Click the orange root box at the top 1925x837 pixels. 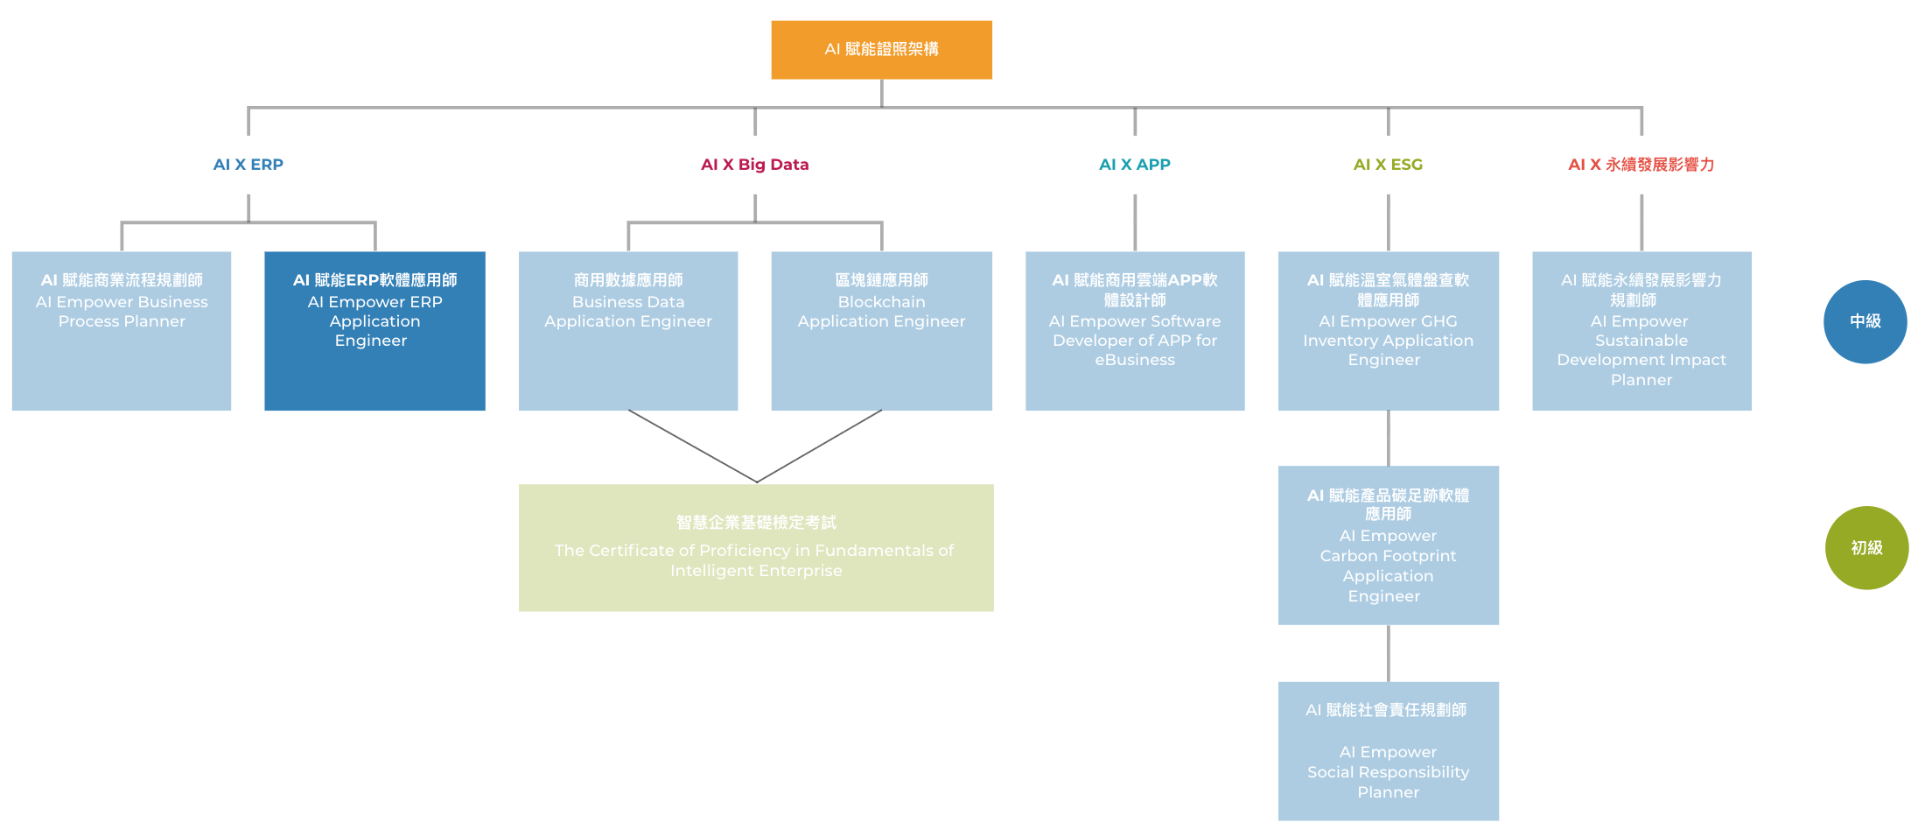pyautogui.click(x=881, y=50)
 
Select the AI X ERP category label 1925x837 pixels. pyautogui.click(x=248, y=165)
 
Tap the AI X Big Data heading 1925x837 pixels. pyautogui.click(x=754, y=165)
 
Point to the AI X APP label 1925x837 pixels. pyautogui.click(x=1134, y=165)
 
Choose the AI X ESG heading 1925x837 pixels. pyautogui.click(x=1388, y=165)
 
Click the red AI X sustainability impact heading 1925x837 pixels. pyautogui.click(x=1641, y=165)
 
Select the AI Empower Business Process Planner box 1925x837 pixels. pyautogui.click(x=122, y=331)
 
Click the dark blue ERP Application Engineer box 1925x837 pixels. pyautogui.click(x=374, y=331)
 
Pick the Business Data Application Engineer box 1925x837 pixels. pyautogui.click(x=628, y=331)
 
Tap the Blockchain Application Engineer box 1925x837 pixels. pyautogui.click(x=881, y=331)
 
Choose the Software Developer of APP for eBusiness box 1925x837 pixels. pyautogui.click(x=1135, y=331)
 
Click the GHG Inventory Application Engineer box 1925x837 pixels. pyautogui.click(x=1388, y=331)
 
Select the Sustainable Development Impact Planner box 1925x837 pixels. pyautogui.click(x=1641, y=331)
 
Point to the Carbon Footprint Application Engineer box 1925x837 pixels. pyautogui.click(x=1388, y=545)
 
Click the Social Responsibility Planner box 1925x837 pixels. pyautogui.click(x=1388, y=750)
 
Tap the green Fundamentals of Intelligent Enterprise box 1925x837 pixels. pyautogui.click(x=756, y=547)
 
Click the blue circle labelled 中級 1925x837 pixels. pyautogui.click(x=1865, y=321)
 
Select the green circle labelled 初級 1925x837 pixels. pyautogui.click(x=1866, y=547)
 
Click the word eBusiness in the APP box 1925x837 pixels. pyautogui.click(x=1135, y=360)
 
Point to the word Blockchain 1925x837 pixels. pyautogui.click(x=881, y=302)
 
